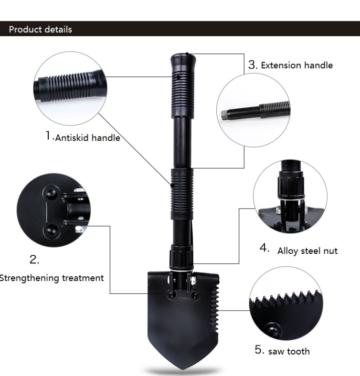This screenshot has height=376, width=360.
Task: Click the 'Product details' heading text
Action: click(x=40, y=30)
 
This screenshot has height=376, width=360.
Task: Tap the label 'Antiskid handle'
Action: click(x=87, y=138)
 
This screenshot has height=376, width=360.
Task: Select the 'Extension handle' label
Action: click(x=297, y=65)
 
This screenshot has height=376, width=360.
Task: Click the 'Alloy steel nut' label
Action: click(x=307, y=251)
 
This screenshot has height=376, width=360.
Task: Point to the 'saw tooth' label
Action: click(x=289, y=351)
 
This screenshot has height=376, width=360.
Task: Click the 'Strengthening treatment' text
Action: click(x=52, y=278)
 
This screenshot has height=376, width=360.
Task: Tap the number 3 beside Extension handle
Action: click(x=253, y=65)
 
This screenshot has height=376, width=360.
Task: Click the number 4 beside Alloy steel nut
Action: click(x=265, y=248)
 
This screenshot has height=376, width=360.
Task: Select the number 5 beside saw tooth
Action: click(x=259, y=350)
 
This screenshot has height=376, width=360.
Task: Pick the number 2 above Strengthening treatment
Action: click(x=34, y=260)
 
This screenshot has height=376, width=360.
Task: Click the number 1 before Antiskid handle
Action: click(x=49, y=136)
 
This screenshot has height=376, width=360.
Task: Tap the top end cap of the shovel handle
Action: click(x=183, y=62)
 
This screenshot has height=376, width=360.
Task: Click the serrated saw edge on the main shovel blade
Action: click(x=215, y=312)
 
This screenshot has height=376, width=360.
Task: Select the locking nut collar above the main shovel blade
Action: click(x=181, y=257)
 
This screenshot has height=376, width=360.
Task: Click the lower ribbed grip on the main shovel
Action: click(x=182, y=194)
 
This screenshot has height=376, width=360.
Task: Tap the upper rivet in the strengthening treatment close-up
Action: click(x=51, y=193)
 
